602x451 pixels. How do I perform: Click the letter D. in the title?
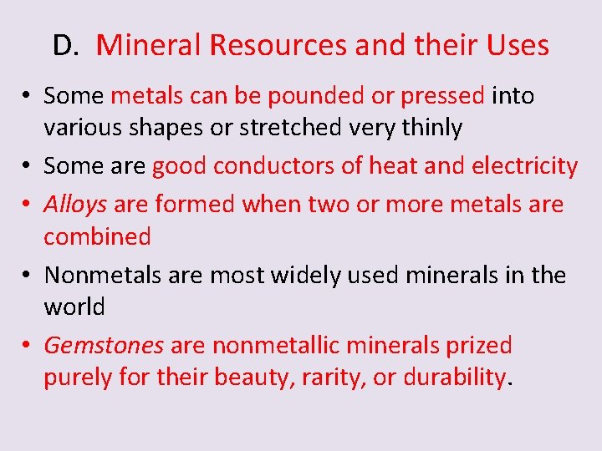coord(64,45)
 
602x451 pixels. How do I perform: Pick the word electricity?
coord(524,166)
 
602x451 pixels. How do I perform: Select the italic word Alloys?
coord(75,204)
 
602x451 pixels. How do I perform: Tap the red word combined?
coord(97,236)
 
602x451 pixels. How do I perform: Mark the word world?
coord(74,307)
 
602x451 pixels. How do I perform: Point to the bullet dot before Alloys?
coord(28,205)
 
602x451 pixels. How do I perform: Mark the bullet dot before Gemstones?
coord(28,346)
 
